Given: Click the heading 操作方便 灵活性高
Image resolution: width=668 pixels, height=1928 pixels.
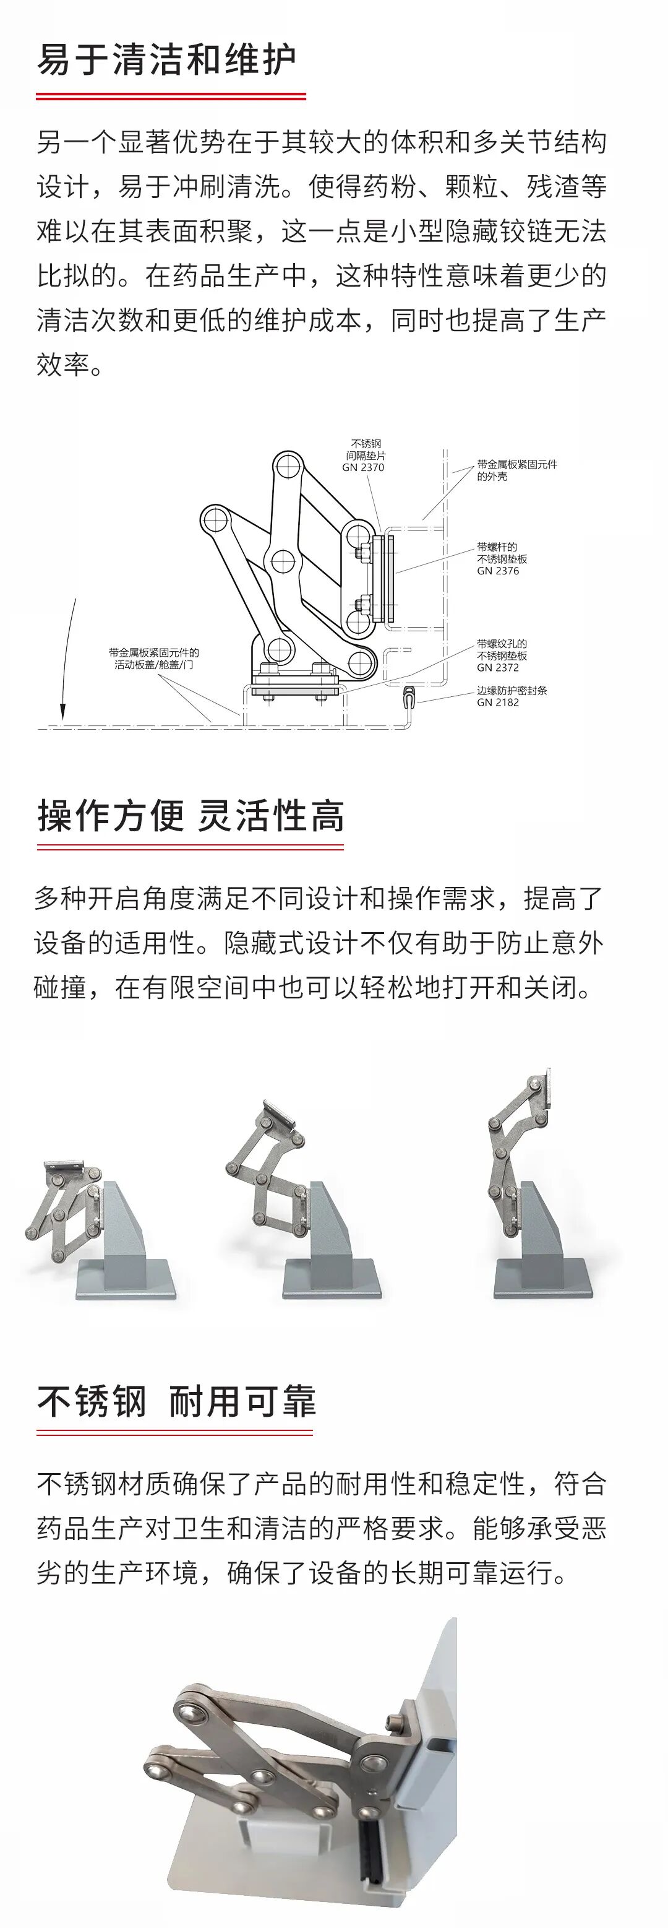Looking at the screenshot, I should pyautogui.click(x=191, y=816).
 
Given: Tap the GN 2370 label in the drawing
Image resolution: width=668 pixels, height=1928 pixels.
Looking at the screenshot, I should pyautogui.click(x=364, y=467).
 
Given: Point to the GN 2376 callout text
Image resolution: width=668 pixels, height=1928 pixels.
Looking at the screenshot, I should pyautogui.click(x=497, y=570).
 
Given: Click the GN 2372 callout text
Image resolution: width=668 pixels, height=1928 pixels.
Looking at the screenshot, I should pyautogui.click(x=497, y=668).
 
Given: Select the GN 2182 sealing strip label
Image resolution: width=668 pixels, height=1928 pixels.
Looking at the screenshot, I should pyautogui.click(x=497, y=702).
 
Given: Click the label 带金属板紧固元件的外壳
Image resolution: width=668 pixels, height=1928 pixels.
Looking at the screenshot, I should pyautogui.click(x=516, y=470).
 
